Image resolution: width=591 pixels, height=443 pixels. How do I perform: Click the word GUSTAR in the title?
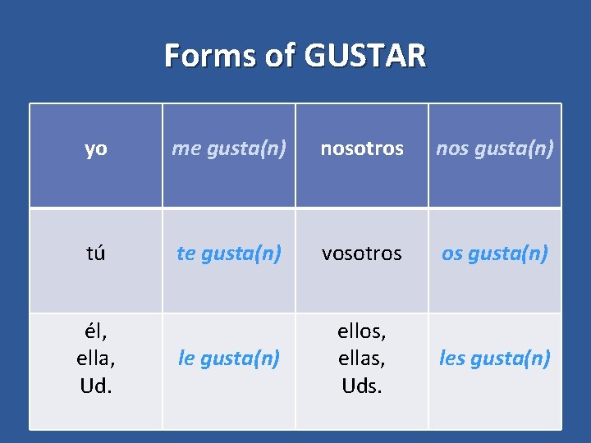[365, 56]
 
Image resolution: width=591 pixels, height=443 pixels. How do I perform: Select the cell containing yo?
[96, 148]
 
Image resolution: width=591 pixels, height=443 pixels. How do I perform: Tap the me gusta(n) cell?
[229, 148]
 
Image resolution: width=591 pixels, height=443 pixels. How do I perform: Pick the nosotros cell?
[362, 148]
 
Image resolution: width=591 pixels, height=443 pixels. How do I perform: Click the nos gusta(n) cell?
[495, 148]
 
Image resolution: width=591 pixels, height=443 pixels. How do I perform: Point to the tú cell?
[96, 253]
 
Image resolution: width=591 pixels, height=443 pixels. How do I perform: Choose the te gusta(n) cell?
[229, 253]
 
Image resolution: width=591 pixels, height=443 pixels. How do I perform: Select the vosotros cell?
[362, 253]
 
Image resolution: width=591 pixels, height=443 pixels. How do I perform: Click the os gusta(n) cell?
[495, 253]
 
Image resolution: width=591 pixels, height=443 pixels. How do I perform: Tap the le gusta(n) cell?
[229, 359]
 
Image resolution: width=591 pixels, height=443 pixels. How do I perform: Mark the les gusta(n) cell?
[495, 359]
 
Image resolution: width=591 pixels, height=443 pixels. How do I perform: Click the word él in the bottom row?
[95, 332]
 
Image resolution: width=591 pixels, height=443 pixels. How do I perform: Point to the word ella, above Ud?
[96, 359]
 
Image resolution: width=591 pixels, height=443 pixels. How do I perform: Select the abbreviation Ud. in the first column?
[96, 385]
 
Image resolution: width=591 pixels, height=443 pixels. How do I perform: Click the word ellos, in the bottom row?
[362, 332]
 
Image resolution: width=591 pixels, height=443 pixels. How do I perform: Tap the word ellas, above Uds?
[362, 359]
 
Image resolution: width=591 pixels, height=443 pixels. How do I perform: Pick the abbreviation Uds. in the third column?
[362, 385]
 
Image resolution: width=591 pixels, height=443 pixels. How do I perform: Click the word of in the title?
[282, 56]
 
